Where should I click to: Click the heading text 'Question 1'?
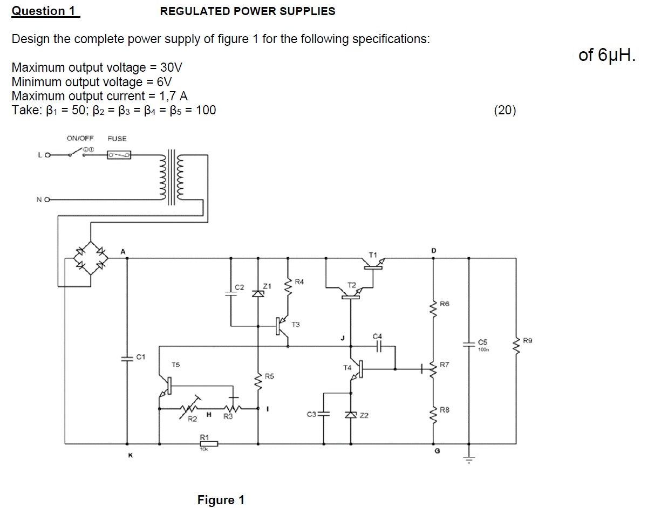pyautogui.click(x=45, y=11)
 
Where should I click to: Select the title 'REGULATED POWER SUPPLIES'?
pyautogui.click(x=248, y=11)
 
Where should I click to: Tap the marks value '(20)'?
pyautogui.click(x=505, y=111)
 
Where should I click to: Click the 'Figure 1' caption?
pyautogui.click(x=221, y=500)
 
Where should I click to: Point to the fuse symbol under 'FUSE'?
pyautogui.click(x=119, y=155)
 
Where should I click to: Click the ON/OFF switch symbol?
pyautogui.click(x=77, y=154)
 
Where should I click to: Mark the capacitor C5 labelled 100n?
pyautogui.click(x=468, y=343)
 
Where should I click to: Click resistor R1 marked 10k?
pyautogui.click(x=208, y=443)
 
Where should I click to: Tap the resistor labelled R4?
pyautogui.click(x=288, y=286)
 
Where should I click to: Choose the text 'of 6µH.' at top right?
pyautogui.click(x=607, y=56)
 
